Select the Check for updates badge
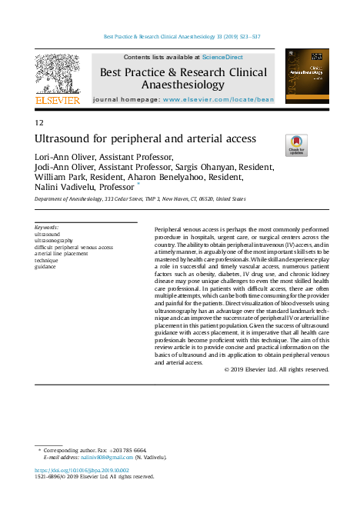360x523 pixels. point(297,145)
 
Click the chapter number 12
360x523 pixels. point(39,123)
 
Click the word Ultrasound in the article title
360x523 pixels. point(65,140)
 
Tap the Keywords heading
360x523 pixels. point(47,228)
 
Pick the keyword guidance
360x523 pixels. point(46,267)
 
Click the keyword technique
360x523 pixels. point(48,260)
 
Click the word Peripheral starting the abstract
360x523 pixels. point(170,230)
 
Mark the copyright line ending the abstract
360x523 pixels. point(277,370)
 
